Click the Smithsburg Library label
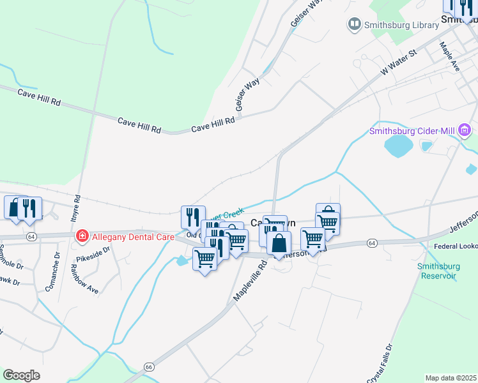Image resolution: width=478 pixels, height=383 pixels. pos(400,24)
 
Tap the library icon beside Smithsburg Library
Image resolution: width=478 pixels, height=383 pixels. pos(353,24)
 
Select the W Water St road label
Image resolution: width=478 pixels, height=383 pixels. pos(398,63)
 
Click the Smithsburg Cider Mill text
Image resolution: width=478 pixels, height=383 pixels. pos(412,132)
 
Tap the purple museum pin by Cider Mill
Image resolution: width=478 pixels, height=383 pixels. pos(465,132)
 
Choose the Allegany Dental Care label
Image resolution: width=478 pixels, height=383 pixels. pos(134,237)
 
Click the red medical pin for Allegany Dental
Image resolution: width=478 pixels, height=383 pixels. pos(82,237)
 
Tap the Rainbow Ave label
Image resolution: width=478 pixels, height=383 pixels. pos(85,281)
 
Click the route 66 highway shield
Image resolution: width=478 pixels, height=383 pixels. pos(149,367)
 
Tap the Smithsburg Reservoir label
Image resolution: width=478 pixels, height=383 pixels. pos(437,271)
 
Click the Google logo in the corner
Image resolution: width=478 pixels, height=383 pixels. pos(21,375)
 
